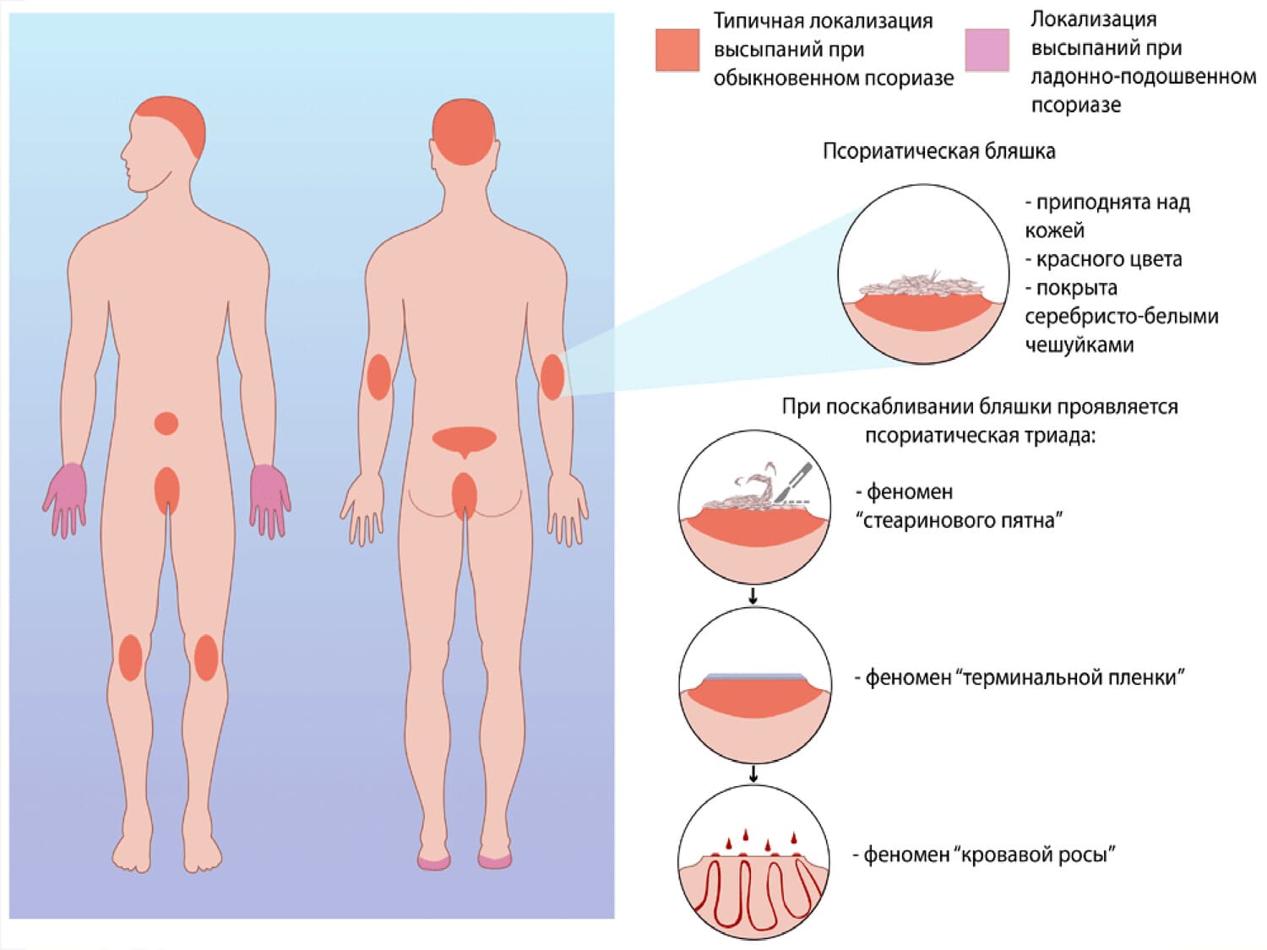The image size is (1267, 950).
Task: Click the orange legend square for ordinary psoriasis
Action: [677, 50]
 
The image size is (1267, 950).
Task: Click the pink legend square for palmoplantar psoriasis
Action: [987, 50]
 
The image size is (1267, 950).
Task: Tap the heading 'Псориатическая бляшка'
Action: [938, 152]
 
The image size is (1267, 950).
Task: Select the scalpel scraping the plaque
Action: [794, 480]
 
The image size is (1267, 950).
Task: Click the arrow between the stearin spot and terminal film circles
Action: [753, 596]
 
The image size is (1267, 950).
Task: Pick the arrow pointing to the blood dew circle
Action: [753, 774]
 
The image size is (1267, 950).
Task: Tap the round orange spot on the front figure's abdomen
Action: [166, 423]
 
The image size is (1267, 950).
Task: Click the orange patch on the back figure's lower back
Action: [464, 440]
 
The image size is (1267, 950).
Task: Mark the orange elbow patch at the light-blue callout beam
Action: [552, 377]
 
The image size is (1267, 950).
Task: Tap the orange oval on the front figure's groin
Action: [167, 490]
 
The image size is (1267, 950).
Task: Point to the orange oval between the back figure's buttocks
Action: [464, 496]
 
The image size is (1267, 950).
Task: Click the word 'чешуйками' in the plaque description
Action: [1079, 345]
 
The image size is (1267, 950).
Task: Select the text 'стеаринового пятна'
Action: [962, 520]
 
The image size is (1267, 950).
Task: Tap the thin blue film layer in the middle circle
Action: [754, 676]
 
